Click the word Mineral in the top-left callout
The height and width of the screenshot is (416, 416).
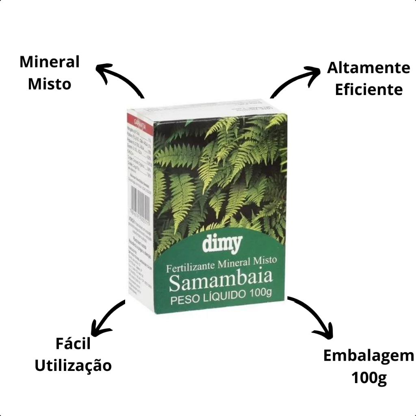click(50, 63)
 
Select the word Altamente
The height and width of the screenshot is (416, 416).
click(368, 68)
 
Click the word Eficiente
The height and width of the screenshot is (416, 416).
click(368, 89)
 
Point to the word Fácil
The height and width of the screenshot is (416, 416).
click(73, 344)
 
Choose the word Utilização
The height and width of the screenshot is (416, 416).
click(73, 366)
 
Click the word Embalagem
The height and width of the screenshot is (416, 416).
click(368, 356)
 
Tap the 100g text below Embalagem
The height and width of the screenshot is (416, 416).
click(369, 378)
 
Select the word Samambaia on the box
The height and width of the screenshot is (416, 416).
click(220, 282)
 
